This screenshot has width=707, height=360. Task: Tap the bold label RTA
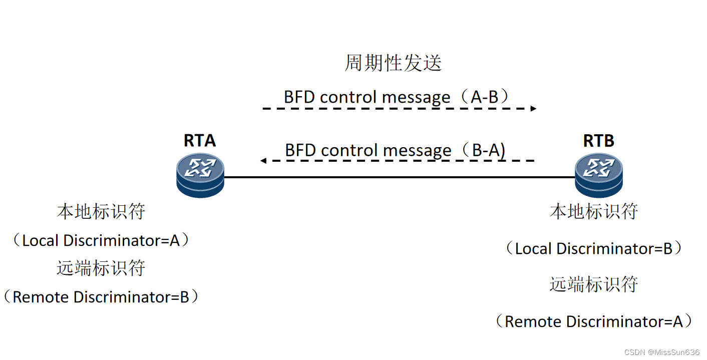pos(200,141)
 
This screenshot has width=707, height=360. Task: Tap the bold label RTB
pos(598,141)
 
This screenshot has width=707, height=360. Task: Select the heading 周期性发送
pos(393,64)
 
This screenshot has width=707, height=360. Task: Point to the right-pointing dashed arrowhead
pos(534,108)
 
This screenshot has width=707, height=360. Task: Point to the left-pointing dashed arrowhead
pos(263,161)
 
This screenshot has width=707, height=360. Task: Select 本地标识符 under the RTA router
pos(101,212)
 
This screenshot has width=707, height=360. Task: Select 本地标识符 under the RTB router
pos(593,212)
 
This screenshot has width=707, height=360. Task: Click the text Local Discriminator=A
pos(101,241)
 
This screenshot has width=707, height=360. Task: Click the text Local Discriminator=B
pos(593,248)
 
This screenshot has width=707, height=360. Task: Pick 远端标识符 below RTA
pos(101,268)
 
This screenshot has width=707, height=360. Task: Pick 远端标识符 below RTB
pos(593,284)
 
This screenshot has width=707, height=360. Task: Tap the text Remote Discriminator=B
pos(101,297)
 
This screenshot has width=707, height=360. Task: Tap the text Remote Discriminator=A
pos(593,321)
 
